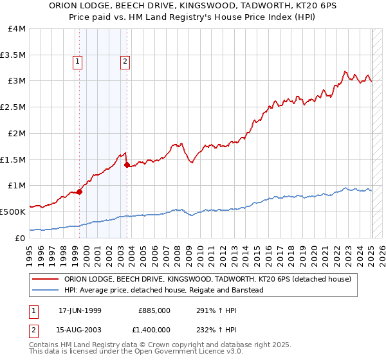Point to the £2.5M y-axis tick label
pos(13,107)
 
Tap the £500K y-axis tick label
pos(13,212)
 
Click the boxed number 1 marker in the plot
pos(78,62)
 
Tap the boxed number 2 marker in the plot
pos(124,62)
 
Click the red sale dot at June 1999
pos(80,192)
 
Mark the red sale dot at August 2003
pos(127,165)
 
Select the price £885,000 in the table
pos(154,310)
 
